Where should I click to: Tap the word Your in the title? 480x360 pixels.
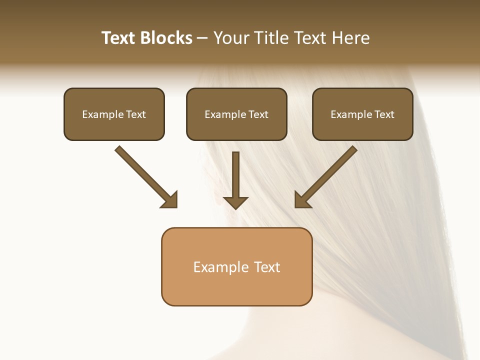point(231,38)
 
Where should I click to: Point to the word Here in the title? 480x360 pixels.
point(350,38)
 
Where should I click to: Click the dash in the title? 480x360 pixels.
point(202,38)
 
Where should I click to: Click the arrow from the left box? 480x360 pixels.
point(142,173)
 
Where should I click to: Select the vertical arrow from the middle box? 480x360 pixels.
point(235,175)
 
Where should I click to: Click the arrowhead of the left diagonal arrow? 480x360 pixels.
point(170,200)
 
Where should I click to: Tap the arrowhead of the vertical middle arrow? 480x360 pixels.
point(235,202)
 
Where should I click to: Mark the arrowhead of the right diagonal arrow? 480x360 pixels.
point(302,200)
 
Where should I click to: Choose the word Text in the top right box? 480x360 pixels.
point(384,114)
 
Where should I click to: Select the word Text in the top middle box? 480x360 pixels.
point(258,114)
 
